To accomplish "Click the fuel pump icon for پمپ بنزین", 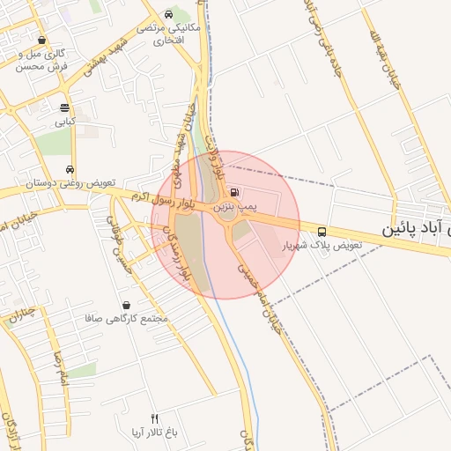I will click(x=233, y=192).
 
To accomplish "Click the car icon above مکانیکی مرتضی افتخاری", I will click(x=168, y=13).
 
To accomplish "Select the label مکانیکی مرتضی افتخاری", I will click(x=170, y=33).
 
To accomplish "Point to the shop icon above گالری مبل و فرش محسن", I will click(x=42, y=40).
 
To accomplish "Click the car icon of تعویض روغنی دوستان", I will click(x=70, y=170).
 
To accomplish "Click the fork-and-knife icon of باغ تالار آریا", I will click(x=155, y=418).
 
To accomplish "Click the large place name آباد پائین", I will click(x=416, y=229).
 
